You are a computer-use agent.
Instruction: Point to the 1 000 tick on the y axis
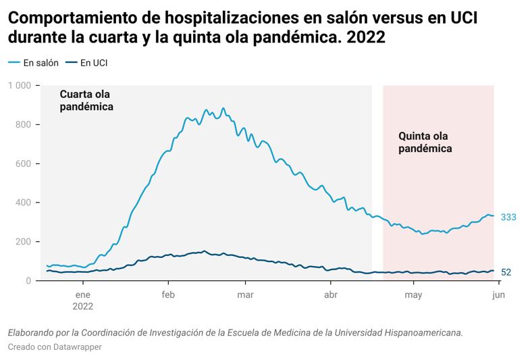[20, 86]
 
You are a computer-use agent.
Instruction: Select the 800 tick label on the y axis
[24, 125]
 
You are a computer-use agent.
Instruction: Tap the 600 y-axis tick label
[24, 164]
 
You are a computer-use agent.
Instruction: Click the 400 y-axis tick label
[24, 203]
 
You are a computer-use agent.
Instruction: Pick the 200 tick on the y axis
[24, 242]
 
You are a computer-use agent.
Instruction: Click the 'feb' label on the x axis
[169, 294]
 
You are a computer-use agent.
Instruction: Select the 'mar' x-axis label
[246, 294]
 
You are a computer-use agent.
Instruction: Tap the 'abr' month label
[331, 294]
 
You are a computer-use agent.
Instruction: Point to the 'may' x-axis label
[413, 294]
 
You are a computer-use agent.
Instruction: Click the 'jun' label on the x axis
[498, 294]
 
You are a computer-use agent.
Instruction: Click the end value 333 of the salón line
[508, 217]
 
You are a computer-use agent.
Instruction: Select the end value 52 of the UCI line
[506, 272]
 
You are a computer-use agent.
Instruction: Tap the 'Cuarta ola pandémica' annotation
[86, 101]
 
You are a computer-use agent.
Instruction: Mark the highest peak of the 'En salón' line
[223, 108]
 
